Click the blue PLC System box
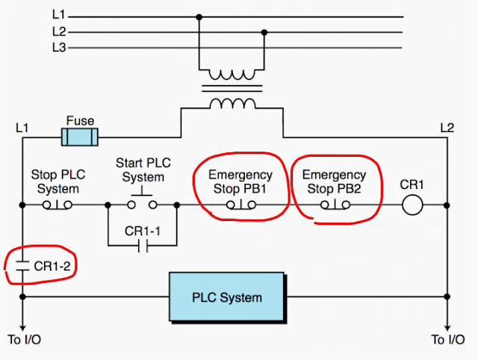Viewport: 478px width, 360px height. (227, 297)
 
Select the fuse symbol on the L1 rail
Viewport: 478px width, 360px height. (80, 137)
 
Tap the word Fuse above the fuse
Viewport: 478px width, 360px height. (80, 120)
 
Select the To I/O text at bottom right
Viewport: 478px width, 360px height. (448, 340)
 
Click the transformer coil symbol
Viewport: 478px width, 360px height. (232, 89)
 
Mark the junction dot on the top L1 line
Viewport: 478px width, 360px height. (199, 16)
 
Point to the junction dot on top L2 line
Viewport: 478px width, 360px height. (264, 31)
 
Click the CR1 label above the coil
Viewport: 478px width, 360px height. (412, 184)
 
